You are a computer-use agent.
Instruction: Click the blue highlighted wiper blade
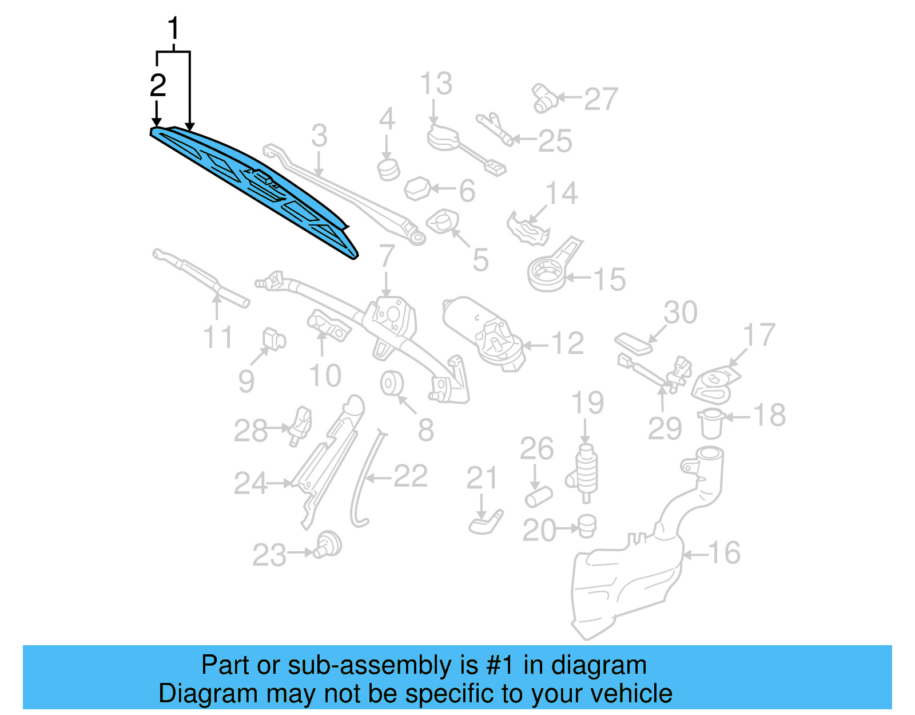point(252,189)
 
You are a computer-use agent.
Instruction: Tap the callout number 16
point(725,553)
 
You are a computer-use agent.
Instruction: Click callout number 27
point(600,99)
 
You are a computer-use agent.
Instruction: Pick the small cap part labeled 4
point(389,169)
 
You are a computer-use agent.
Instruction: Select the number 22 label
point(411,476)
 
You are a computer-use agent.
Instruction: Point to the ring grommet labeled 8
point(392,383)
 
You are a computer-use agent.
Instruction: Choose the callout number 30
point(681,313)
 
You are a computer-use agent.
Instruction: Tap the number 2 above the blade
point(158,86)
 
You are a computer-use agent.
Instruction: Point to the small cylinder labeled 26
point(538,496)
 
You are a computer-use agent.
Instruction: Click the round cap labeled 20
point(587,526)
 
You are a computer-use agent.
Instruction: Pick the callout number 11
point(218,337)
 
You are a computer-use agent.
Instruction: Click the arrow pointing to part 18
point(738,417)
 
